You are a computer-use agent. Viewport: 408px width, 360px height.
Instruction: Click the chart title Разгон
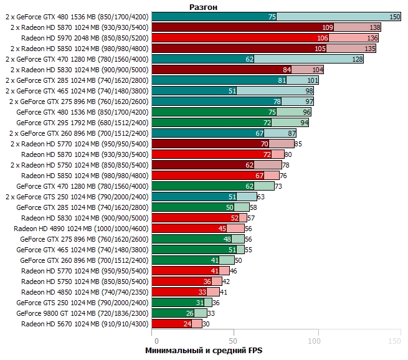[x=204, y=6]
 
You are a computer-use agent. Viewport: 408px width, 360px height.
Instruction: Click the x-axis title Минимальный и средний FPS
[x=204, y=351]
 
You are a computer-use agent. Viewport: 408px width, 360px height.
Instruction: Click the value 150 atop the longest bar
[x=395, y=17]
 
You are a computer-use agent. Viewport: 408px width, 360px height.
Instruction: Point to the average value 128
[x=358, y=59]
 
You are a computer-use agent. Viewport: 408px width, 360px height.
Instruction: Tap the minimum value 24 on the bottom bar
[x=187, y=324]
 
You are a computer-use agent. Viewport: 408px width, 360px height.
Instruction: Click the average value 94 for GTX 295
[x=304, y=123]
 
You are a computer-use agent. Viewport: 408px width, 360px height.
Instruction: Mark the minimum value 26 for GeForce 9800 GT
[x=189, y=313]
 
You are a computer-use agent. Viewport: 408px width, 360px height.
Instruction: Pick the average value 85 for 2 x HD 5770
[x=298, y=144]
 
